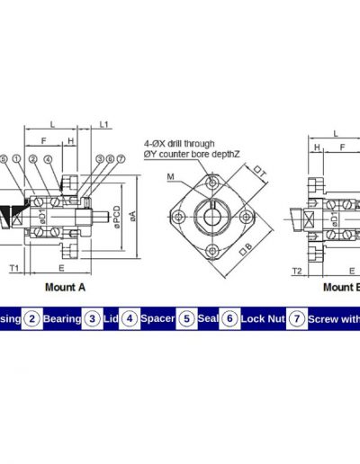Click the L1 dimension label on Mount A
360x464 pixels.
point(104,124)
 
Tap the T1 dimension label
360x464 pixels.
point(13,268)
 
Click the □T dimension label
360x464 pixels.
point(260,172)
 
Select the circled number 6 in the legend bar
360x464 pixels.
point(229,318)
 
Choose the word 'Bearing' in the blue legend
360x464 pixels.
point(61,318)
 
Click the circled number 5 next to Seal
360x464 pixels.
point(186,318)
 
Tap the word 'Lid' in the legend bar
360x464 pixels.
point(110,318)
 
